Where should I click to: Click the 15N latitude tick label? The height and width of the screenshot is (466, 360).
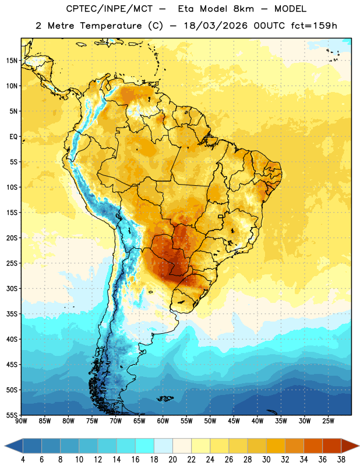pyautogui.click(x=12, y=61)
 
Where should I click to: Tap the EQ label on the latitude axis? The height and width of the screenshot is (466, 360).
pyautogui.click(x=13, y=137)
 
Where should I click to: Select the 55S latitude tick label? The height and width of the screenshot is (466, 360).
pyautogui.click(x=12, y=415)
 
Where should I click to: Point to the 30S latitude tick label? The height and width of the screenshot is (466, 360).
pyautogui.click(x=12, y=288)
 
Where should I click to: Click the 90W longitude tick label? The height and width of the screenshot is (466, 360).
pyautogui.click(x=21, y=421)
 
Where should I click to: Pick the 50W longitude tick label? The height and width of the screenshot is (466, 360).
pyautogui.click(x=210, y=421)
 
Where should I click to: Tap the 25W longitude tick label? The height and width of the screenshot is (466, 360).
pyautogui.click(x=328, y=421)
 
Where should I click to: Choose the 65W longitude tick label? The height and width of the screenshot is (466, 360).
pyautogui.click(x=139, y=421)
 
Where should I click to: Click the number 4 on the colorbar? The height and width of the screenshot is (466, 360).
pyautogui.click(x=23, y=460)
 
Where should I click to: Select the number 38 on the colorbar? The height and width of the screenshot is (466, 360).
pyautogui.click(x=341, y=460)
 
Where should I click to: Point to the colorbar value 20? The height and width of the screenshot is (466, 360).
pyautogui.click(x=172, y=460)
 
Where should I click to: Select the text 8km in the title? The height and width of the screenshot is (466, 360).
pyautogui.click(x=243, y=9)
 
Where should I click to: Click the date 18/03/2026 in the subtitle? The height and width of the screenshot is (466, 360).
pyautogui.click(x=216, y=26)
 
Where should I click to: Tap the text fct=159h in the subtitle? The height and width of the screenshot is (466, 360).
pyautogui.click(x=314, y=26)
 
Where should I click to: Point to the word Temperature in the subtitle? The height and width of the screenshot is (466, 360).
pyautogui.click(x=111, y=26)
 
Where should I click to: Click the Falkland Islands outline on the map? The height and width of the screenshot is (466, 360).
pyautogui.click(x=165, y=398)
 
